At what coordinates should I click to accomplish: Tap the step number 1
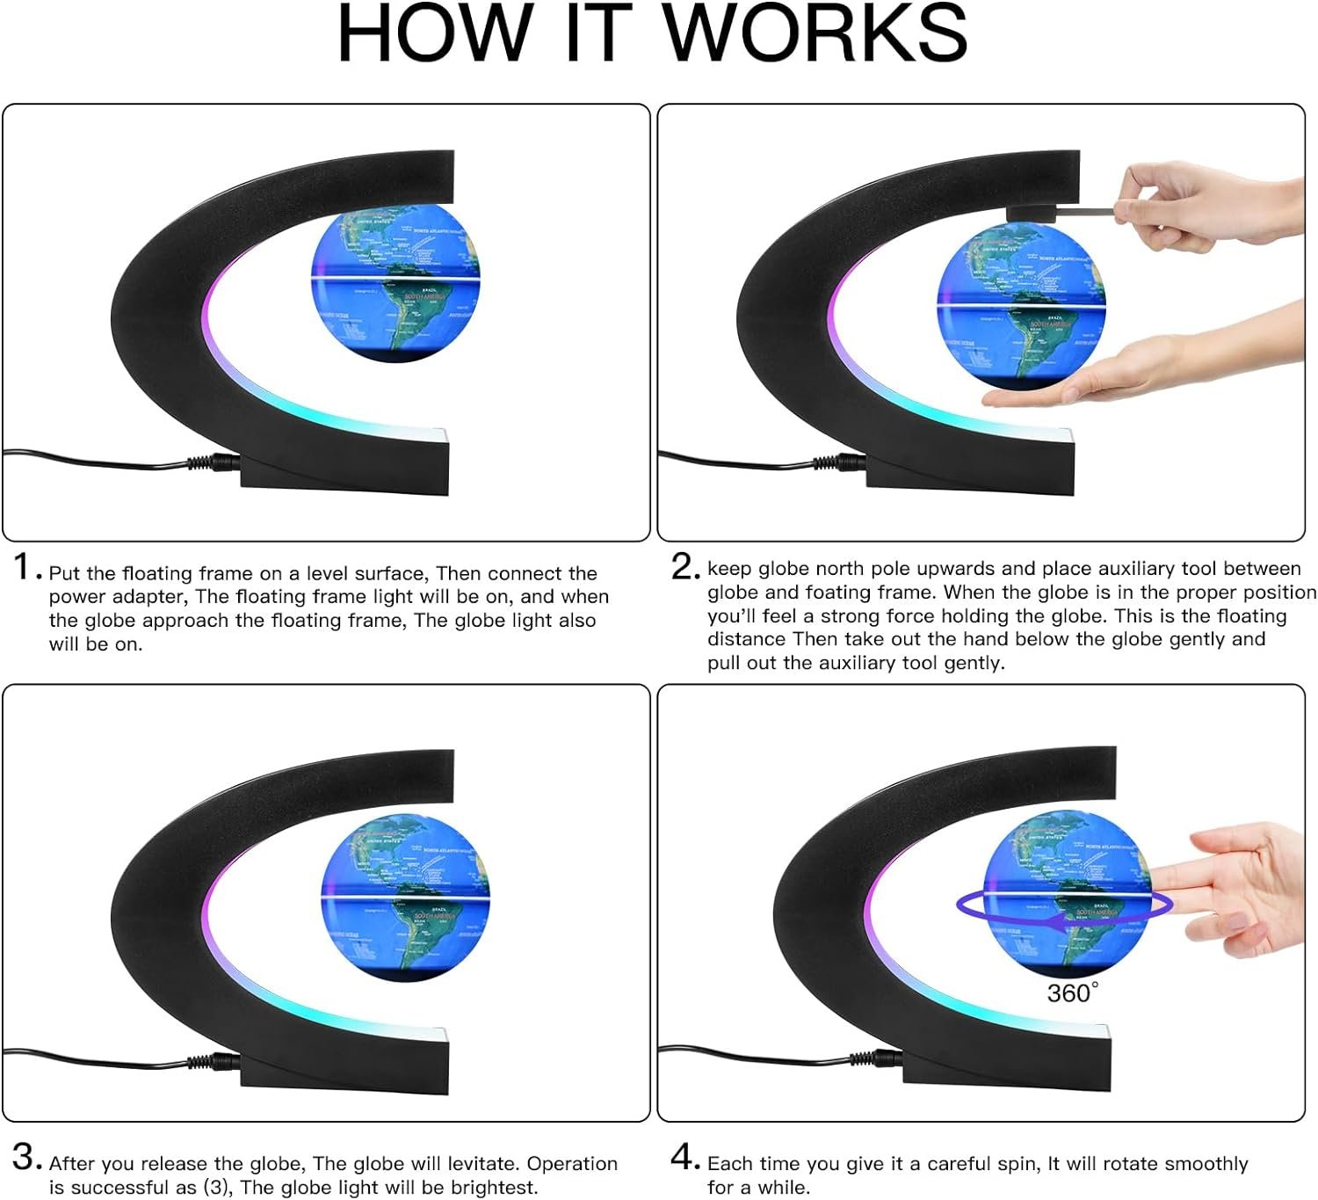point(24,567)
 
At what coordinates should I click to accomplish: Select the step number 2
point(684,567)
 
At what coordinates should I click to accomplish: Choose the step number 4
point(684,1157)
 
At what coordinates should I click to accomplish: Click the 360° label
point(1072,993)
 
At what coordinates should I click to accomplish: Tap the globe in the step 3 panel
point(402,894)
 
